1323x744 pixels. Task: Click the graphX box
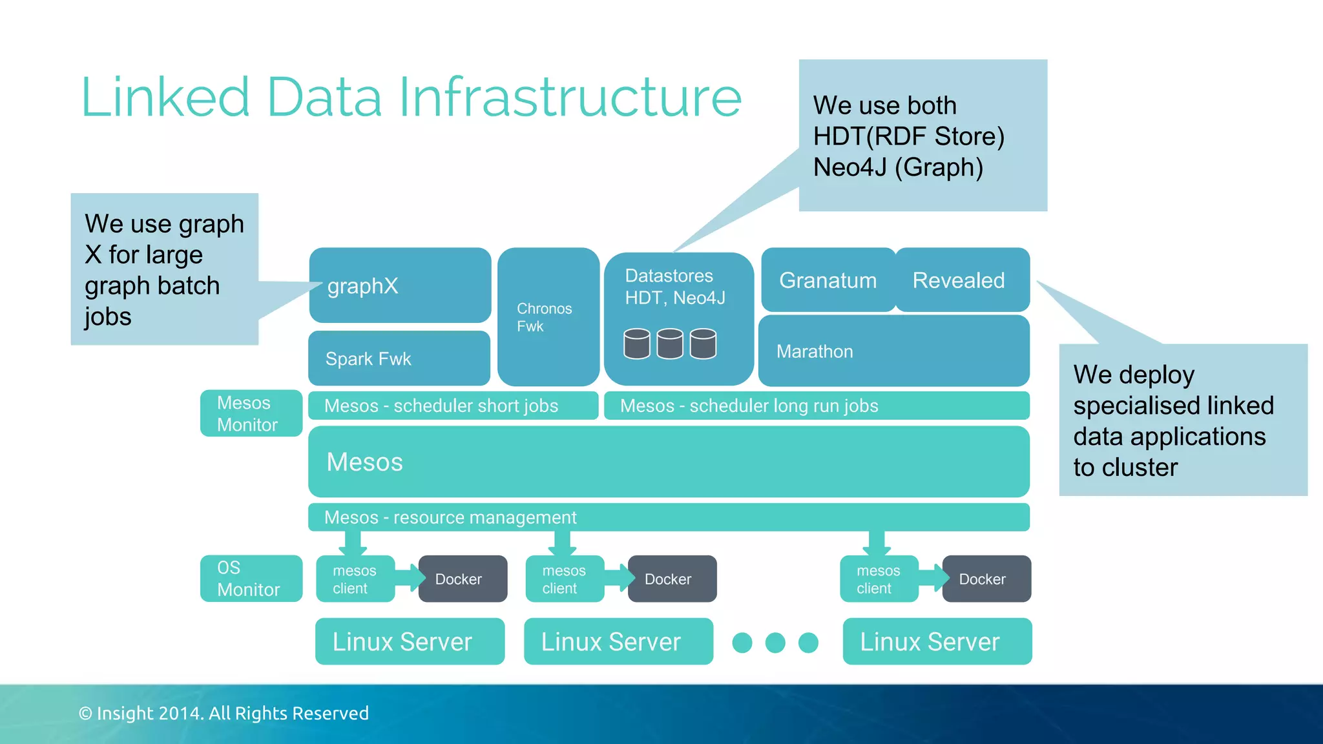(400, 285)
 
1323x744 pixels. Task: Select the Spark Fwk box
(399, 358)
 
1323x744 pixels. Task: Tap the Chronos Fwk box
(548, 317)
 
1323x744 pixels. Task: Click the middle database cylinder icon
(670, 344)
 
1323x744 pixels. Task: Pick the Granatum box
(828, 280)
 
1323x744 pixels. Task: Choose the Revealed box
(961, 280)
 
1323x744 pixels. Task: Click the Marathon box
(893, 351)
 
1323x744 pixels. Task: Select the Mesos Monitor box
(251, 413)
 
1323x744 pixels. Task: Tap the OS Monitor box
(251, 579)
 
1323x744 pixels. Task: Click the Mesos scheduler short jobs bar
(452, 406)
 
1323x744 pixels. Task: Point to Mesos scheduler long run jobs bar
(816, 406)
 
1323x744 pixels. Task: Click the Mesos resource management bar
(669, 517)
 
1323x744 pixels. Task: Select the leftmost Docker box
(463, 579)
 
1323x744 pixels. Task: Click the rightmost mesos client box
(878, 579)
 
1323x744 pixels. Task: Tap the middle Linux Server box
(618, 641)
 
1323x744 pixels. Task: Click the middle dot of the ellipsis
(775, 643)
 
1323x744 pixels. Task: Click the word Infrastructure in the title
(570, 98)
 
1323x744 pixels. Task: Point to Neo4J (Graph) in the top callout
(898, 167)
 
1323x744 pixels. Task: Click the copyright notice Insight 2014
(224, 713)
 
